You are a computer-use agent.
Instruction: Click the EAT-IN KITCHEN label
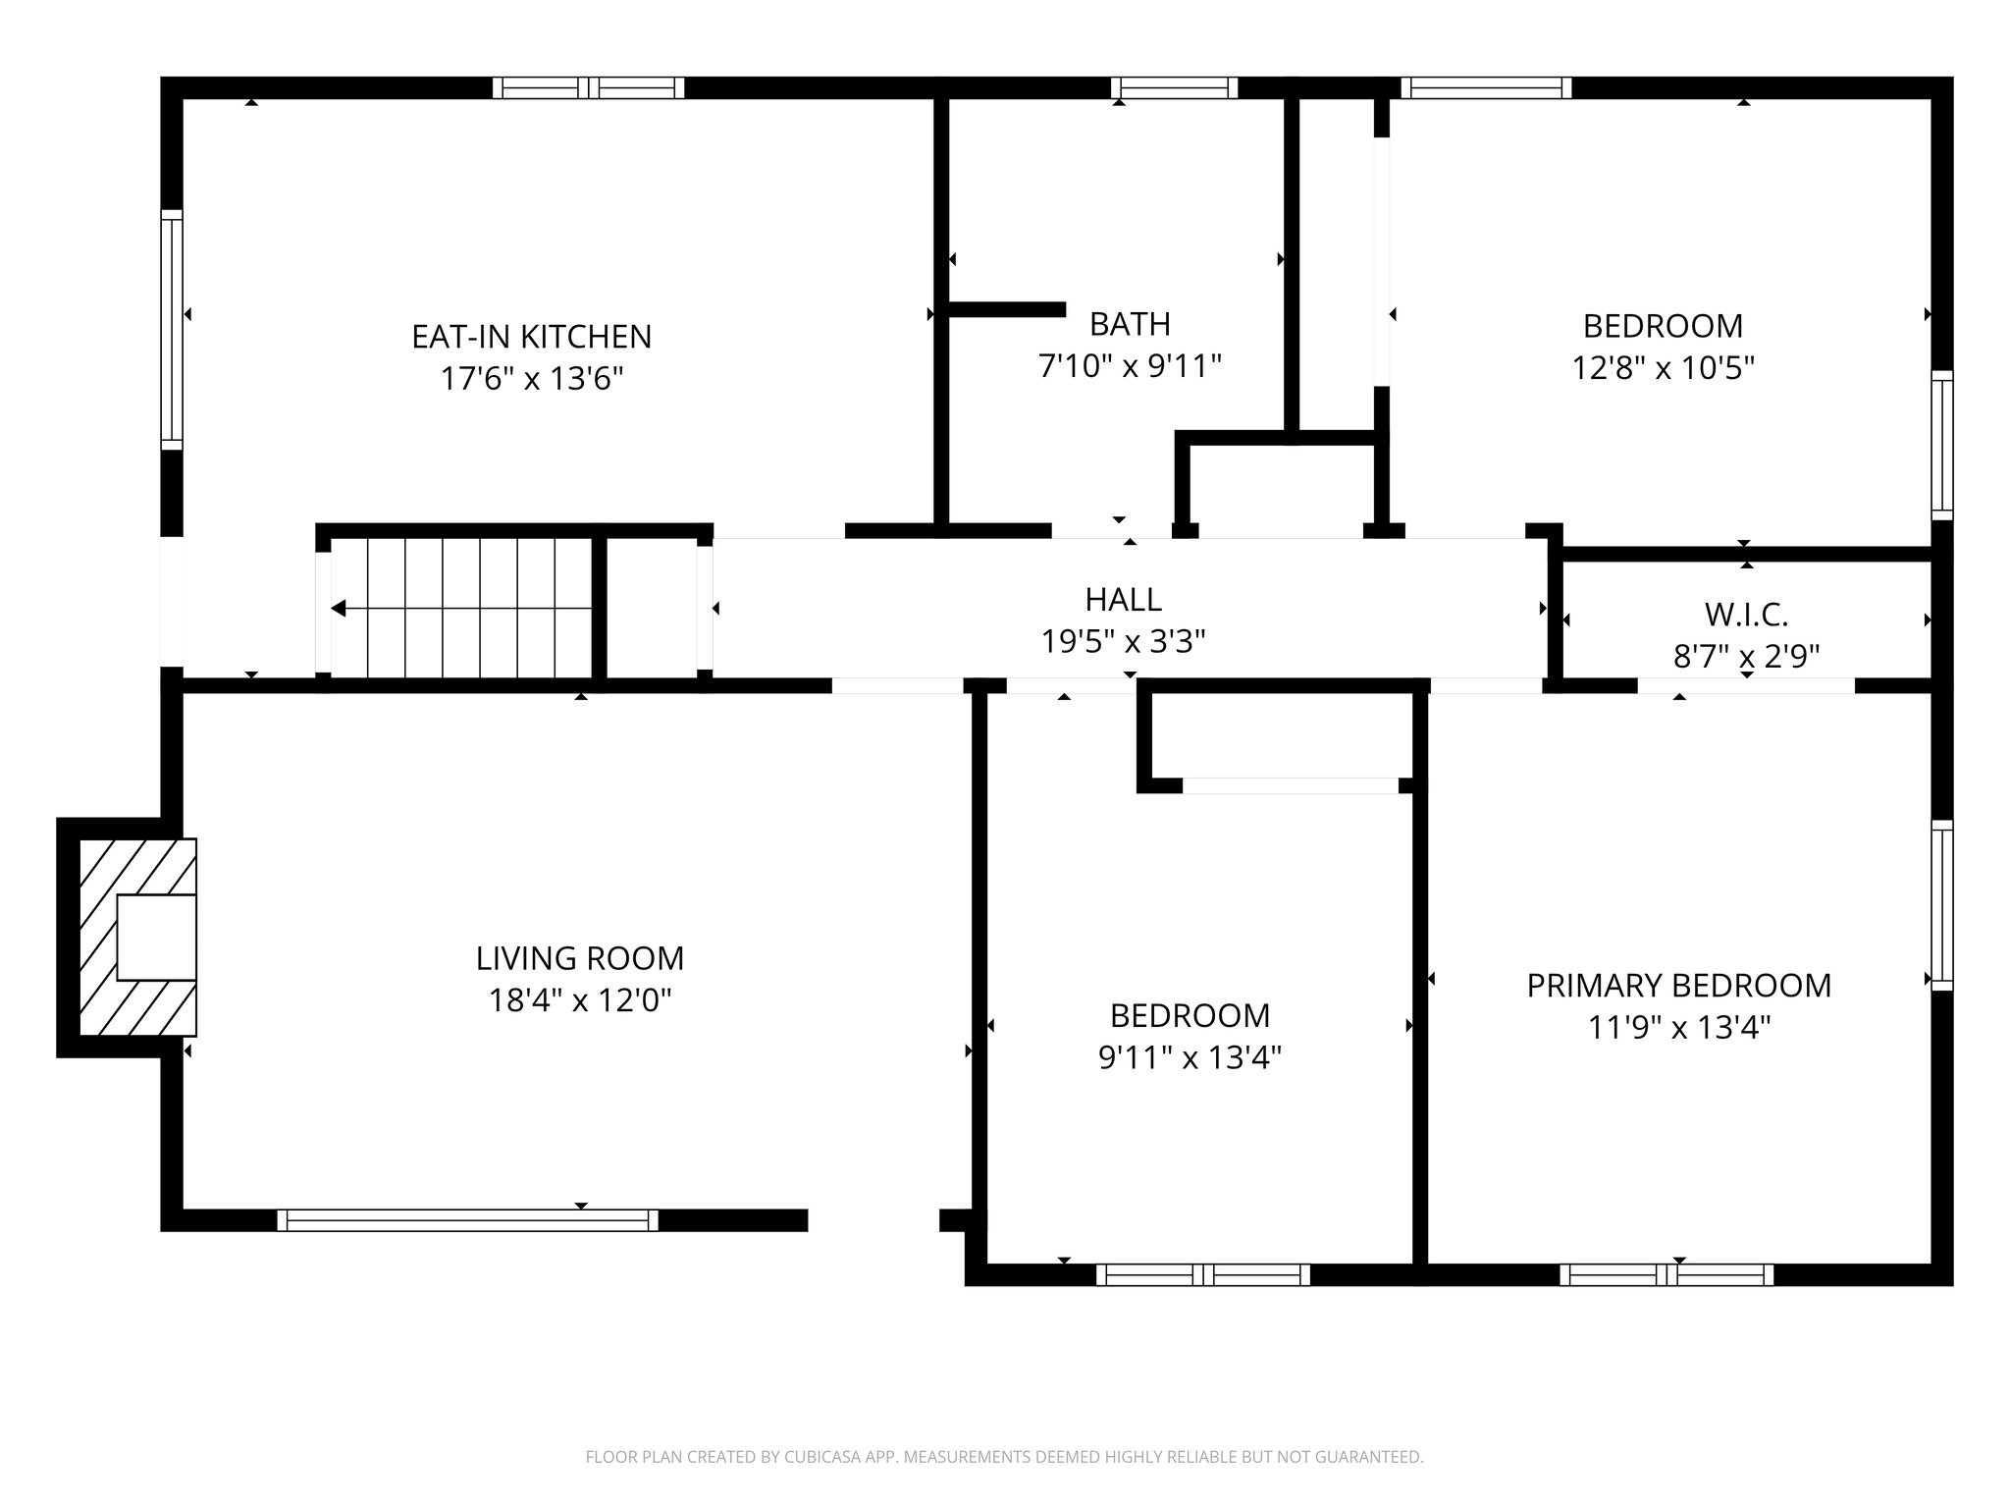coord(531,337)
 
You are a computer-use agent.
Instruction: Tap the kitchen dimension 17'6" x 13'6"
coord(531,378)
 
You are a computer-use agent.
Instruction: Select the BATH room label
coord(1130,324)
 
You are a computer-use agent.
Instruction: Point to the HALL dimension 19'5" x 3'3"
coord(1123,642)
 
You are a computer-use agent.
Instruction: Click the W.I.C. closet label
coord(1746,615)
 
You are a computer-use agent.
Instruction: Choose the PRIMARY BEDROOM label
coord(1678,986)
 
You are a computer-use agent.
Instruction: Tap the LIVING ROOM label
coord(580,958)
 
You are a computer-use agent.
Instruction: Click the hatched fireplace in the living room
coord(137,937)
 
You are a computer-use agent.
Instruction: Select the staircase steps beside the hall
coord(461,608)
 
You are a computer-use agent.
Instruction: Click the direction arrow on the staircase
coord(339,609)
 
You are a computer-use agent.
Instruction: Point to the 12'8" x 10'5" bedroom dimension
coord(1663,368)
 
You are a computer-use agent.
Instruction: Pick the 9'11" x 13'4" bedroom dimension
coord(1190,1058)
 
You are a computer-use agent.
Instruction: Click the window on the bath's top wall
coord(1174,88)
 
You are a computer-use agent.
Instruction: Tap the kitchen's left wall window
coord(172,329)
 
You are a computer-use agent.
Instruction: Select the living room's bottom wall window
coord(467,1220)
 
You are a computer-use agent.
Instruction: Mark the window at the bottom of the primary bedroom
coord(1666,1275)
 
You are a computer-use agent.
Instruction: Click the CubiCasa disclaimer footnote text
coord(1004,1457)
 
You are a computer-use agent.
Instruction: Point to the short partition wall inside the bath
coord(1007,309)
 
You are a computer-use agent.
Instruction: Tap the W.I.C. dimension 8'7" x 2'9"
coord(1746,656)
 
